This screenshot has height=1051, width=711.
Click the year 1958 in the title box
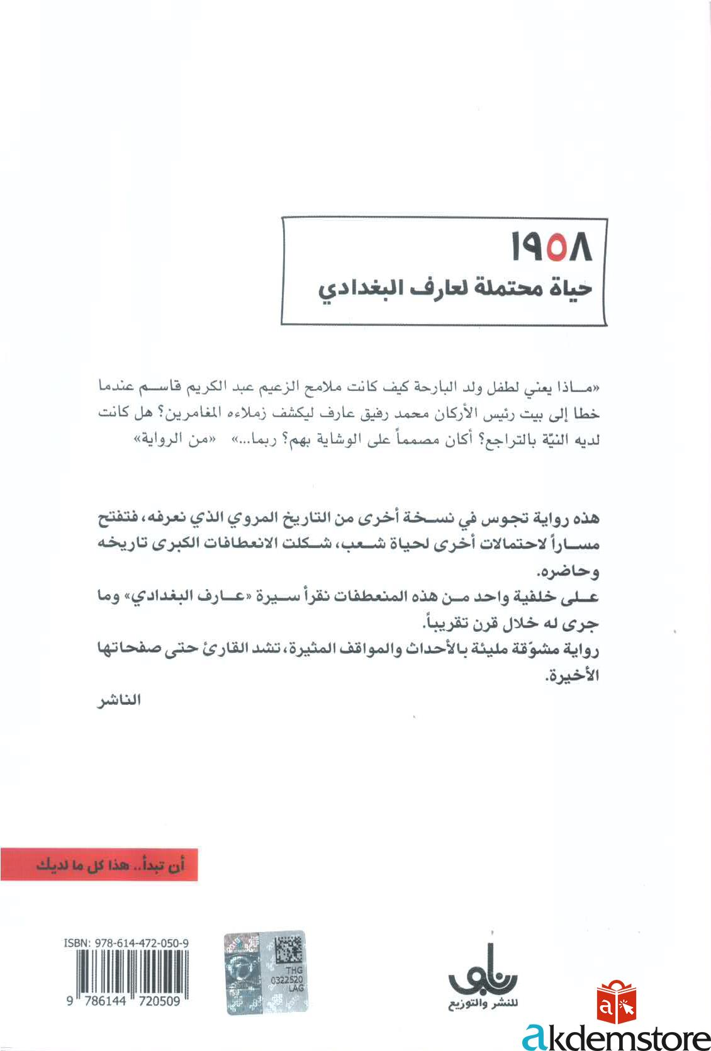tap(552, 249)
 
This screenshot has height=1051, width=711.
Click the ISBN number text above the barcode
tap(126, 943)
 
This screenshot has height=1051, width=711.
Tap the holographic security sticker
tap(265, 972)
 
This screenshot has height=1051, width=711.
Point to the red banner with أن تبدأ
tap(99, 864)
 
